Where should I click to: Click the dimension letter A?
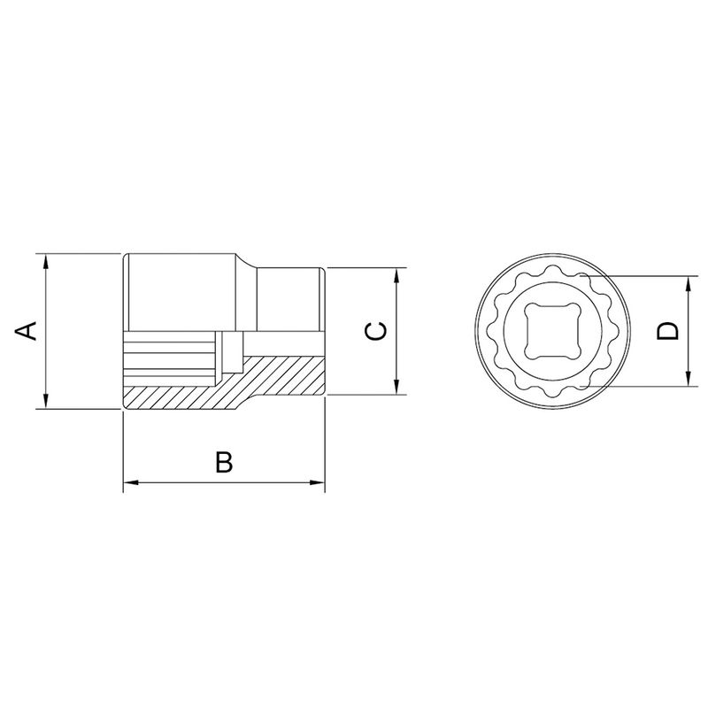click(27, 331)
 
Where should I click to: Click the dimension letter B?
click(224, 461)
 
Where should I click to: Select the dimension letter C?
click(375, 331)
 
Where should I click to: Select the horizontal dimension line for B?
click(177, 483)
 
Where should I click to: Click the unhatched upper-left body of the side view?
click(181, 292)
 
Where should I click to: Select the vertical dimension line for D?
click(688, 354)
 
